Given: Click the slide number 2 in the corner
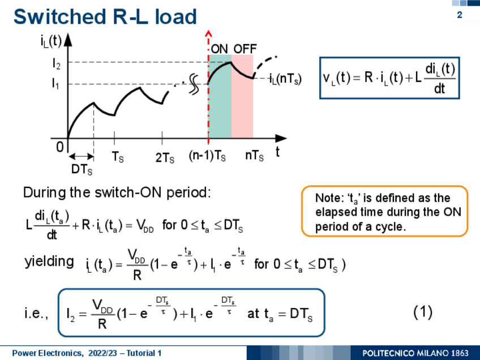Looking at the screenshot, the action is click(459, 15).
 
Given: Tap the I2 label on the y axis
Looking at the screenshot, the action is click(57, 64).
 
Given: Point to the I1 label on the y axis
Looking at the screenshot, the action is click(55, 83).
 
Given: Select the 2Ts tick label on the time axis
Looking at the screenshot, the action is click(165, 158).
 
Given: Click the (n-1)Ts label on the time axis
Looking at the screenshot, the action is click(207, 156).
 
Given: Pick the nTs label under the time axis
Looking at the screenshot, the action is click(254, 156).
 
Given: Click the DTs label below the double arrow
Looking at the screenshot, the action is click(82, 169).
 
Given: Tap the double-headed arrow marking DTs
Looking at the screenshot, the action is click(81, 157).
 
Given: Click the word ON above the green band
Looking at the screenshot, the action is click(219, 49).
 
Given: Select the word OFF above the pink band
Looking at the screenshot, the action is click(245, 49).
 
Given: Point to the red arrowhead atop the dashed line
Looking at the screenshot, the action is click(208, 33).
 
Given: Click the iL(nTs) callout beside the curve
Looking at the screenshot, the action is click(285, 79).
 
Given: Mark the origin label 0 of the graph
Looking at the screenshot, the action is click(59, 147).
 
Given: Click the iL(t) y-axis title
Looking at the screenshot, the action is click(51, 41).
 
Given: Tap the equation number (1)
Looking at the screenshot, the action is click(423, 312).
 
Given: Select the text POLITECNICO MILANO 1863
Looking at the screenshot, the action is click(415, 353).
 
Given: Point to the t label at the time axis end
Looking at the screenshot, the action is click(278, 152).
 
